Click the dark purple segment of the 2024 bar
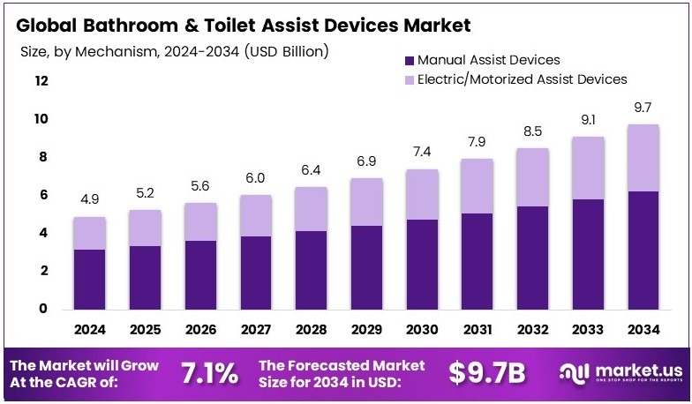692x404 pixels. [90, 279]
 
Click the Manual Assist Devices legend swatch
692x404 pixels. [408, 61]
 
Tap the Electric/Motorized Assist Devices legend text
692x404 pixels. [522, 79]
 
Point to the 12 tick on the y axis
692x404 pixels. [41, 81]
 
